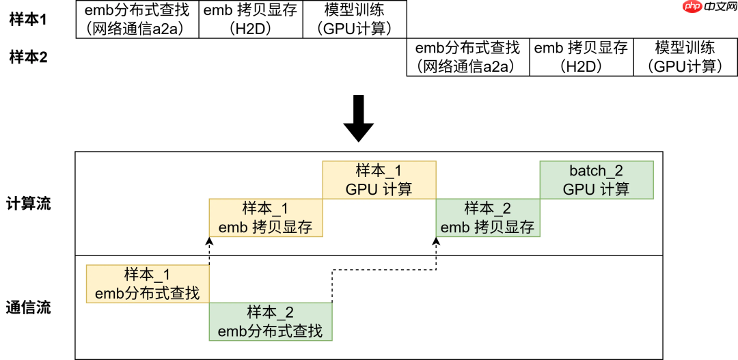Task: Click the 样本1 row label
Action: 28,19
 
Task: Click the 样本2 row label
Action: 28,57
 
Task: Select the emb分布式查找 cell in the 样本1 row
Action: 137,19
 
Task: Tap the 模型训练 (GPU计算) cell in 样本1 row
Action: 354,19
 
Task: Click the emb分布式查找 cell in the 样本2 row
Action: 468,57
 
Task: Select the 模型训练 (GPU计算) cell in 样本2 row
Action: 685,57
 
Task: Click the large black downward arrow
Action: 358,117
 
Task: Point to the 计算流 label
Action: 28,204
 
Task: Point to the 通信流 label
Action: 28,307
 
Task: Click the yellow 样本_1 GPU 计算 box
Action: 379,180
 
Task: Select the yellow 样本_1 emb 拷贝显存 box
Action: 266,218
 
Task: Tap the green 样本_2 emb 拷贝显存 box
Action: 488,218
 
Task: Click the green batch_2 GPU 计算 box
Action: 597,180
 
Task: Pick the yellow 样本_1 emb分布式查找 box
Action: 148,284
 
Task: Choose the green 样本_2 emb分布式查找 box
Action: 271,322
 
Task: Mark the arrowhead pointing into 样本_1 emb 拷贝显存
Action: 210,240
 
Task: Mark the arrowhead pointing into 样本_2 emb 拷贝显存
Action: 436,240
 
